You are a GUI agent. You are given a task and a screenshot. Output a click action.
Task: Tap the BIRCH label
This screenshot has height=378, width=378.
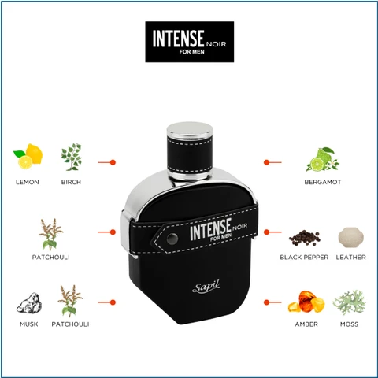tap(71, 182)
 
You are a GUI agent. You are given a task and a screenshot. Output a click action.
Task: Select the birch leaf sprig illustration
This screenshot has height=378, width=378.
tap(71, 156)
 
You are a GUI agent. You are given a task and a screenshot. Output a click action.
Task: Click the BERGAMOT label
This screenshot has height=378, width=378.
tap(322, 182)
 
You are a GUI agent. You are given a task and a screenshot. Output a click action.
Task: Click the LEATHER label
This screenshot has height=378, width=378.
tap(350, 258)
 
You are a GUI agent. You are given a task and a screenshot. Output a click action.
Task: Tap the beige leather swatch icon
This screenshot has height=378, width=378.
tap(349, 238)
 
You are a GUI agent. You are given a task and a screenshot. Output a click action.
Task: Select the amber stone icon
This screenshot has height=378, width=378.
tap(305, 302)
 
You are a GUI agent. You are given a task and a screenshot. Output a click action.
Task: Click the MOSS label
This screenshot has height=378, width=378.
tap(349, 324)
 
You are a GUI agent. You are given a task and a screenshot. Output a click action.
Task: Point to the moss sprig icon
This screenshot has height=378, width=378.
tap(348, 302)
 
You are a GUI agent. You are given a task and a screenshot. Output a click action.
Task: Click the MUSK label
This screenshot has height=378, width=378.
tap(28, 324)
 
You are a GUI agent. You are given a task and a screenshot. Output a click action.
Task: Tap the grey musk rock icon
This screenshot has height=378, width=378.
tap(28, 303)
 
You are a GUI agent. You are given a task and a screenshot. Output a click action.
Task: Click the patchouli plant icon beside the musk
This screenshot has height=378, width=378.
tap(70, 302)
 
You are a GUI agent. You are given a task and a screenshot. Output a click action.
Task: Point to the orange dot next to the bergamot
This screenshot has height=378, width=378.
tap(267, 162)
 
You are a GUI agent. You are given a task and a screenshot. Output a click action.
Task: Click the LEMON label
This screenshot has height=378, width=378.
tap(27, 182)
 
